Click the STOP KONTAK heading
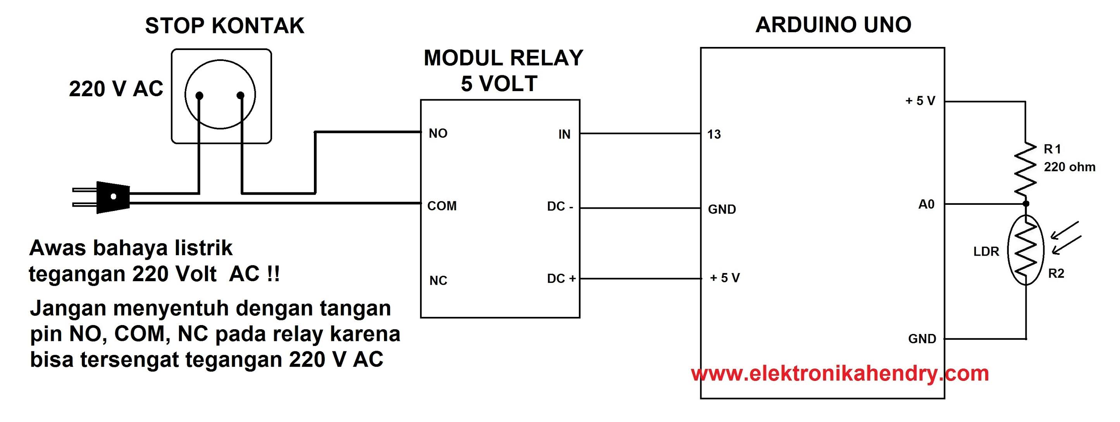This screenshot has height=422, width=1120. [224, 26]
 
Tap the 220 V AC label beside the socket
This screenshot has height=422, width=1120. [115, 90]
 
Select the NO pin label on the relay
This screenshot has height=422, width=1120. [438, 133]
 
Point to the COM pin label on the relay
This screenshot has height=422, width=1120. [442, 206]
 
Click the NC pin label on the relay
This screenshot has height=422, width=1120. [438, 280]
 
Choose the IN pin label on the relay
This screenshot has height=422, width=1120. [564, 135]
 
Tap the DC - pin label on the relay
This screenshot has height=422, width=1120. [560, 207]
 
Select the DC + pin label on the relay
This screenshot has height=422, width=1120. [561, 278]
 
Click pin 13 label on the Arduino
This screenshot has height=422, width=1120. [714, 135]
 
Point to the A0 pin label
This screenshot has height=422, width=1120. [926, 204]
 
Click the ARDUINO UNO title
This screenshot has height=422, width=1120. [833, 25]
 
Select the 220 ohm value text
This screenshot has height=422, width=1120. [1070, 167]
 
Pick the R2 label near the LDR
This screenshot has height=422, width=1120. [1056, 274]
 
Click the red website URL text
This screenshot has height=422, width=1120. [839, 374]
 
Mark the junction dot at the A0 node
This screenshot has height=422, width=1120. [1026, 204]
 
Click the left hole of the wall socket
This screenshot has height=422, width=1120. [200, 95]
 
